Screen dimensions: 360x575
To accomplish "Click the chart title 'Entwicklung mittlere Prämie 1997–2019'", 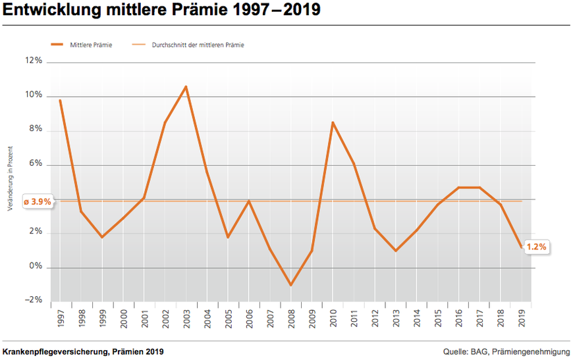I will (161, 12).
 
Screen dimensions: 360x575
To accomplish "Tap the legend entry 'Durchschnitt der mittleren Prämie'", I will (198, 45).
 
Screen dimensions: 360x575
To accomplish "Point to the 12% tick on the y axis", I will (34, 61).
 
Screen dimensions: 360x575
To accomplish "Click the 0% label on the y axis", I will (36, 267).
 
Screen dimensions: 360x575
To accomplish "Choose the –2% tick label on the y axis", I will (34, 300).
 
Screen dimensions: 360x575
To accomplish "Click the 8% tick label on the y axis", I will (36, 130).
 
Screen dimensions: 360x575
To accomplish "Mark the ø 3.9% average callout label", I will (37, 201).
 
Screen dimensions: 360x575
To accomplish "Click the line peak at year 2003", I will (186, 86).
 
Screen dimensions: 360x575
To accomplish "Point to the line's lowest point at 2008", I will (290, 285).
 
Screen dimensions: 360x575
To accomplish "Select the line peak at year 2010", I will (333, 122).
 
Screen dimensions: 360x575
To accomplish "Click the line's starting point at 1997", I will (60, 100).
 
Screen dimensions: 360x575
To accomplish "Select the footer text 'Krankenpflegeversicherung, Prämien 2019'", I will (83, 351).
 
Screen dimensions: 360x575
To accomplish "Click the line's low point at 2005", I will (228, 237).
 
